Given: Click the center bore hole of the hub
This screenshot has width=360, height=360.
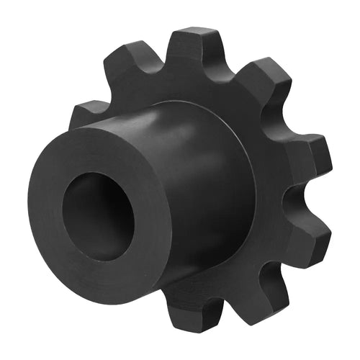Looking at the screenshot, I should pyautogui.click(x=97, y=216).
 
